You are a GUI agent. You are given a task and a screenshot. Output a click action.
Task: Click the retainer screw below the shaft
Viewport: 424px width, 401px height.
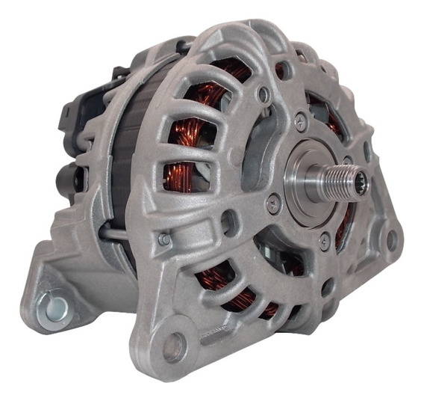point(325,242)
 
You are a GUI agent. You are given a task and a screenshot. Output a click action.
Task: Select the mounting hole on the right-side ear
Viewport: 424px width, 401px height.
point(391,240)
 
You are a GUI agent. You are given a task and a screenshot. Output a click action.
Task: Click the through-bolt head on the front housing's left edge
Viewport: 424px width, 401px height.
point(163,239)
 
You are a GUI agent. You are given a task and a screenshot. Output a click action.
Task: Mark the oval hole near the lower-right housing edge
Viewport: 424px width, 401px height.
point(329,287)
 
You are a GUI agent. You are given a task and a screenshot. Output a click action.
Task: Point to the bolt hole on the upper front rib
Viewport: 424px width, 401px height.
point(264,95)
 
